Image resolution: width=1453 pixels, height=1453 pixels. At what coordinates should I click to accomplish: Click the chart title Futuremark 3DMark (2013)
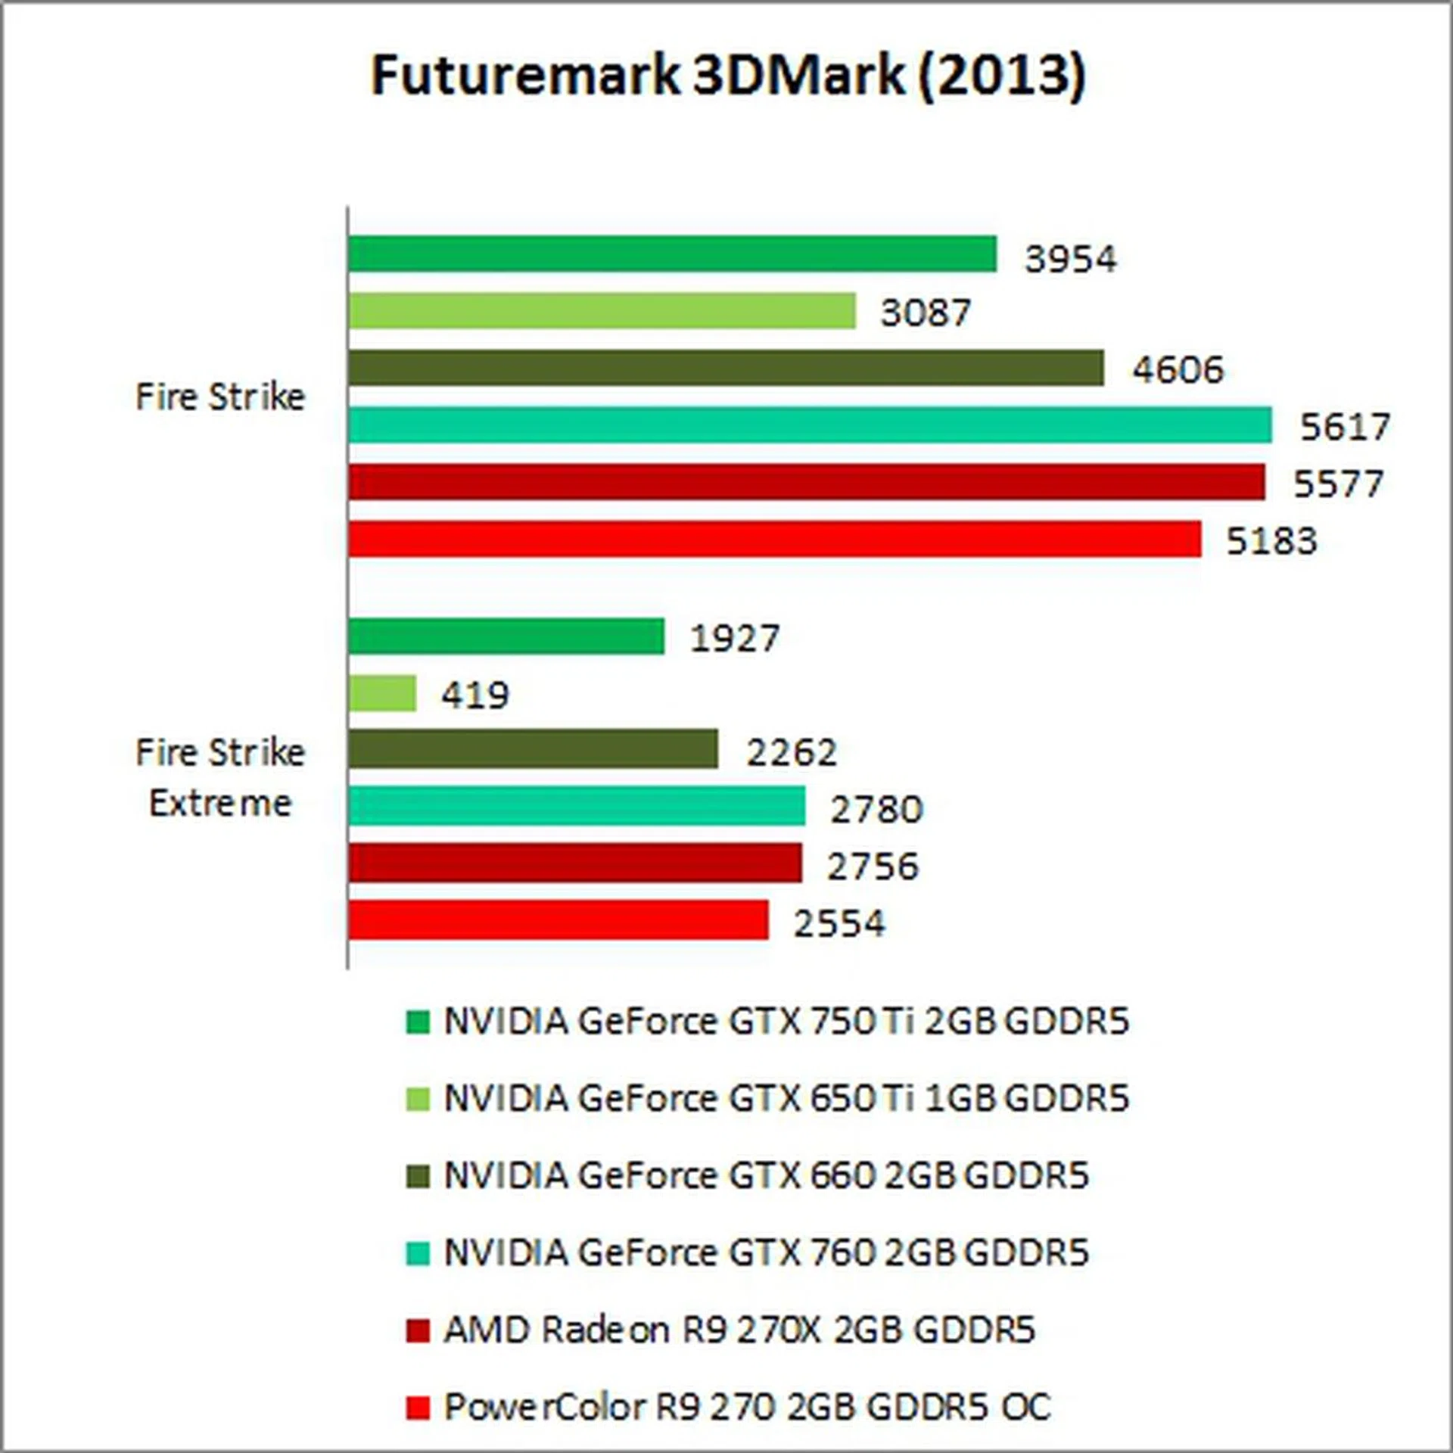coord(728,76)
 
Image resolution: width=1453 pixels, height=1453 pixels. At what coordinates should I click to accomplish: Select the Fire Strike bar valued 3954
coord(672,254)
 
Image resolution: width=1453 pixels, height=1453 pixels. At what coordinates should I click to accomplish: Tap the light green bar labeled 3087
coord(602,311)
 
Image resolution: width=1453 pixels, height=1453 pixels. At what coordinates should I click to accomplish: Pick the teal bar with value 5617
coord(810,425)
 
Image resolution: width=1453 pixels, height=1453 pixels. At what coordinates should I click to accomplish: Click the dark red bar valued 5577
coord(806,482)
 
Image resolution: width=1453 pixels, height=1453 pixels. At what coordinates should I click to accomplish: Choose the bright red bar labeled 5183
coord(774,539)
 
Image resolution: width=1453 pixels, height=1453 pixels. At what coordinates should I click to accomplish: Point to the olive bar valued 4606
coord(726,368)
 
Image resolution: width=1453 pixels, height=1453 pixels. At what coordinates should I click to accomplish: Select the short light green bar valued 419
coord(382,693)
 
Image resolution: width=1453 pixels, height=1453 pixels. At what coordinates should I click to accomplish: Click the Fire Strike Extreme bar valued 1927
coord(506,636)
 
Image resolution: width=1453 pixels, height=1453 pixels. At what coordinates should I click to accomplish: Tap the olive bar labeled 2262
coord(533,749)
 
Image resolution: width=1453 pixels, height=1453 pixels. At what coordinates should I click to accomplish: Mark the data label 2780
coord(876,809)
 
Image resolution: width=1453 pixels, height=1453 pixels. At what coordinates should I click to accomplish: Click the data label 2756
coord(873,866)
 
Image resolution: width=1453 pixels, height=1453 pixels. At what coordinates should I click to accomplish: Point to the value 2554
coord(839,923)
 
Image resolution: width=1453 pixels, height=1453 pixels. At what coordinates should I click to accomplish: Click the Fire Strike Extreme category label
coord(220,777)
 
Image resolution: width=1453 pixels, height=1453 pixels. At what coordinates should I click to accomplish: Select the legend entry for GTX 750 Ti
coord(786,1022)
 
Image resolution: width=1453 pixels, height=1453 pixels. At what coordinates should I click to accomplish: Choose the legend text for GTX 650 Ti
coord(786,1099)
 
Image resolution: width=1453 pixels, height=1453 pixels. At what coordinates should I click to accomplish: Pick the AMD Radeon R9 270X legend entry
coord(739,1330)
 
